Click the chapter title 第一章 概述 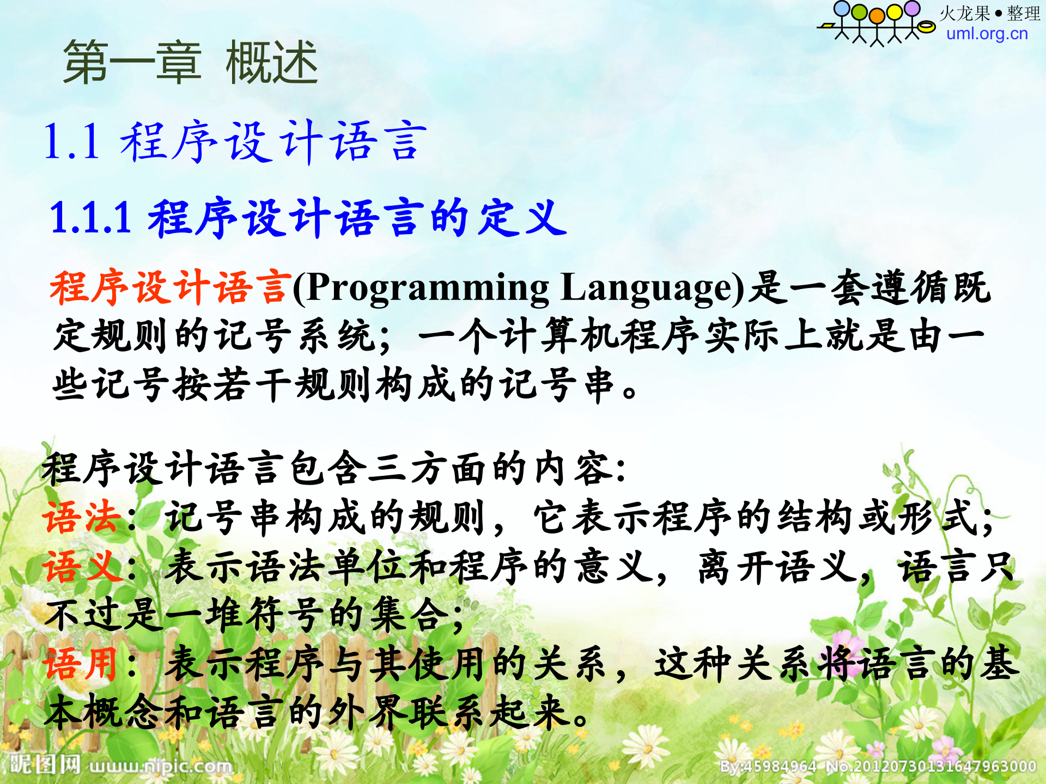tap(190, 63)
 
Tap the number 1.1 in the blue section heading tap(71, 142)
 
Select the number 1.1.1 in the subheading tap(90, 218)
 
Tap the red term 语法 tap(82, 517)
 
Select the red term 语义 tap(82, 566)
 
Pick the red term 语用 tap(81, 664)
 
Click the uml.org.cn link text tap(987, 34)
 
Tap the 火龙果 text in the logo tap(964, 14)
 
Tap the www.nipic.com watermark tap(161, 766)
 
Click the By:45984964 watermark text tap(768, 767)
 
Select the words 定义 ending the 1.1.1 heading tap(522, 218)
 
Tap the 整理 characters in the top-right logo tap(1023, 14)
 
